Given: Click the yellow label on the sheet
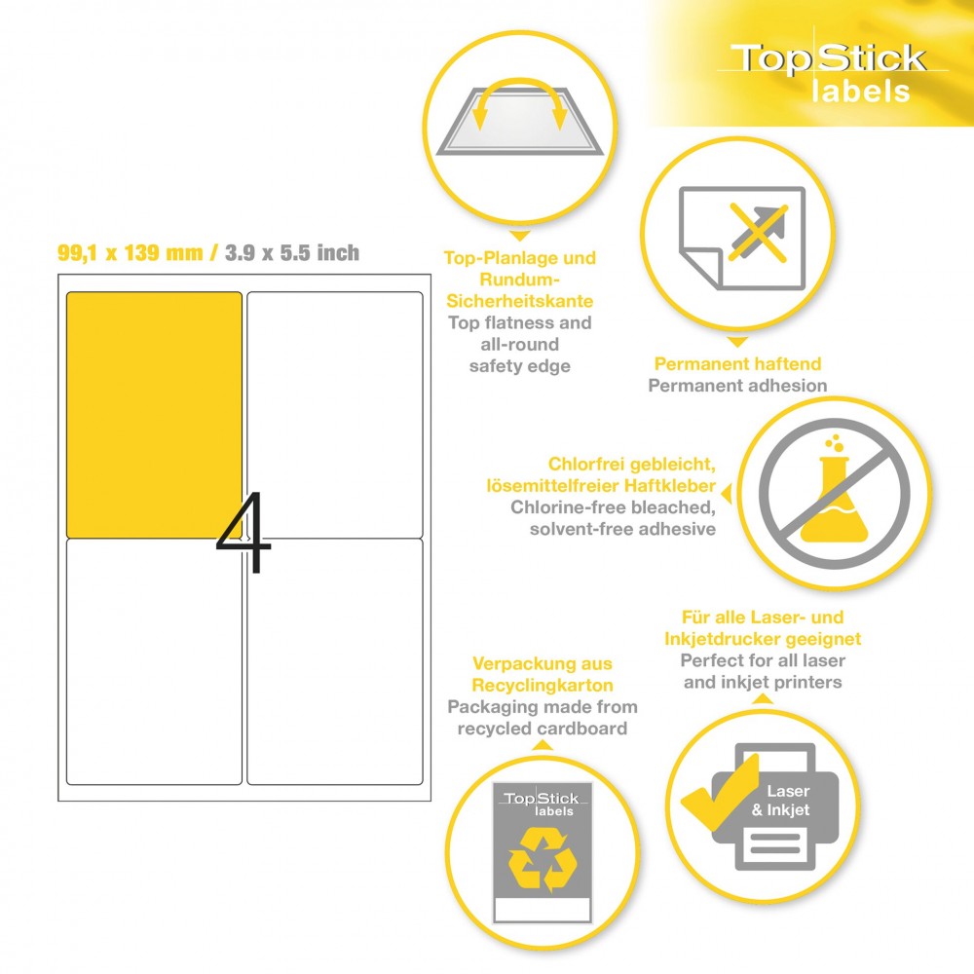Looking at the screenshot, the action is point(154,414).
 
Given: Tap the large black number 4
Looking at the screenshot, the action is point(244,533).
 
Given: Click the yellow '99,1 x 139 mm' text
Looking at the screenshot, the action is point(130,253).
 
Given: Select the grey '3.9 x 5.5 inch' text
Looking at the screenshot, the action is point(292,253).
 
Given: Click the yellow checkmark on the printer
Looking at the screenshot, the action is point(721,792).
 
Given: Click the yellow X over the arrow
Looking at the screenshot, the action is point(758,231).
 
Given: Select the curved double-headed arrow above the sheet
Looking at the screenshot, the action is point(519,85).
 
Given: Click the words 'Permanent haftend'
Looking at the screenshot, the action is point(737,363).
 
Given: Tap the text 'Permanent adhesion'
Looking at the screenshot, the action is point(737,385).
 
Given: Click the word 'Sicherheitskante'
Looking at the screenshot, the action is point(520,301).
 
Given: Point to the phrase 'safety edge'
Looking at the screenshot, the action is point(520,366).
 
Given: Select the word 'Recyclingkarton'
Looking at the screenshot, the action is point(543,685).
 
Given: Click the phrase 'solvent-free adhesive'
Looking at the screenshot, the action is point(622,529).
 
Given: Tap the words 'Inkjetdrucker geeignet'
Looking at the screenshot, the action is point(763,639).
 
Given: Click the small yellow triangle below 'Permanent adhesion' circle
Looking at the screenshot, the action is point(737,342).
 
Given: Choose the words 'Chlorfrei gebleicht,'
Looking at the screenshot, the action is point(632,464).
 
